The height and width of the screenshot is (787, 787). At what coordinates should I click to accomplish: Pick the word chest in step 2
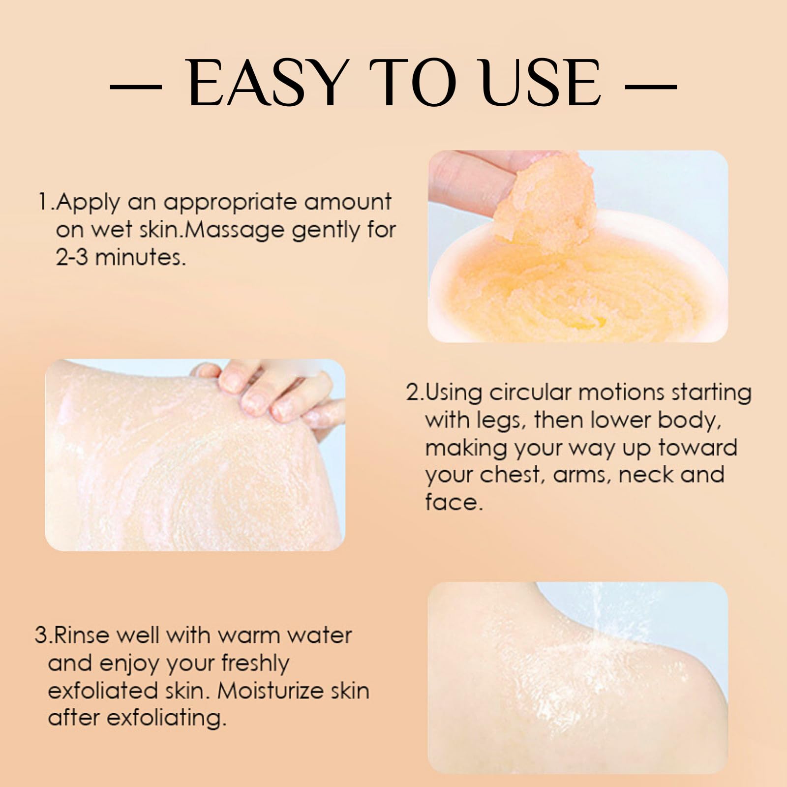click(x=512, y=475)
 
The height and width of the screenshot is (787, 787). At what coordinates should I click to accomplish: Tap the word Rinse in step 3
click(x=83, y=635)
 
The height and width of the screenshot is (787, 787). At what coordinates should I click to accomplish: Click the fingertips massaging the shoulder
click(x=266, y=393)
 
